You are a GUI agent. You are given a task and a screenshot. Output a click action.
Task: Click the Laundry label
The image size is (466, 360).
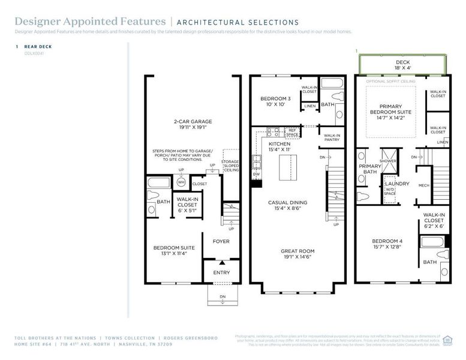(396, 184)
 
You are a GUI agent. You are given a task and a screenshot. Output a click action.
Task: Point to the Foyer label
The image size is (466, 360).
(221, 241)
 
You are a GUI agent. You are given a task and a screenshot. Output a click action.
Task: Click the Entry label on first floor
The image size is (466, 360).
(221, 272)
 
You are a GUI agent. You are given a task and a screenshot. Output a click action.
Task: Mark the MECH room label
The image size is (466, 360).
(423, 185)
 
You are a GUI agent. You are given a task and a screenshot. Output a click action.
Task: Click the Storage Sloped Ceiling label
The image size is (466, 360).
(230, 165)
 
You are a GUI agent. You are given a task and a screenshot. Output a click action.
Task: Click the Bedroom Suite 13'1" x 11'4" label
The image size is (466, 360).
(170, 250)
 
